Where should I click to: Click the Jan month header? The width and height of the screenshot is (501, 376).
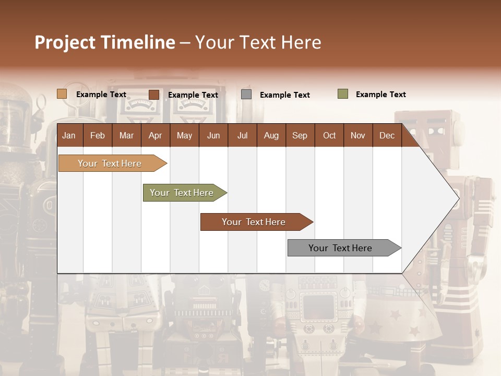(69, 135)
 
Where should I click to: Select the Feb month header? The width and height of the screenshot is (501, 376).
(98, 135)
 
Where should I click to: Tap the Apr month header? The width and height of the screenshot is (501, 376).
(155, 135)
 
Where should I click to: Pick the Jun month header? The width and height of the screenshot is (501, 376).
(213, 135)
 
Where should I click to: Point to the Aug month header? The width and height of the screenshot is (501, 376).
(271, 135)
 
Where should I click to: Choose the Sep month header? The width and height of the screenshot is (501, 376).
(300, 135)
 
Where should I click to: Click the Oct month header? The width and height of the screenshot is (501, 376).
(329, 135)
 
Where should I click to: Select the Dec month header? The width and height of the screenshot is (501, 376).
(387, 135)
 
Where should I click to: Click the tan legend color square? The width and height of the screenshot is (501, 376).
(62, 94)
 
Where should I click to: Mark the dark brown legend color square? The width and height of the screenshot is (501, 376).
(154, 95)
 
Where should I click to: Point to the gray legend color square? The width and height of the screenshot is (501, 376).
(246, 95)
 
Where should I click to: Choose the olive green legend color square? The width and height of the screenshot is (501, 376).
(343, 94)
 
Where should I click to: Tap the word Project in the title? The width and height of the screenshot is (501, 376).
(65, 42)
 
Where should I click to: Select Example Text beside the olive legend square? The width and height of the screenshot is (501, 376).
(380, 95)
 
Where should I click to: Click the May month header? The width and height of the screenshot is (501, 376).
(184, 135)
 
